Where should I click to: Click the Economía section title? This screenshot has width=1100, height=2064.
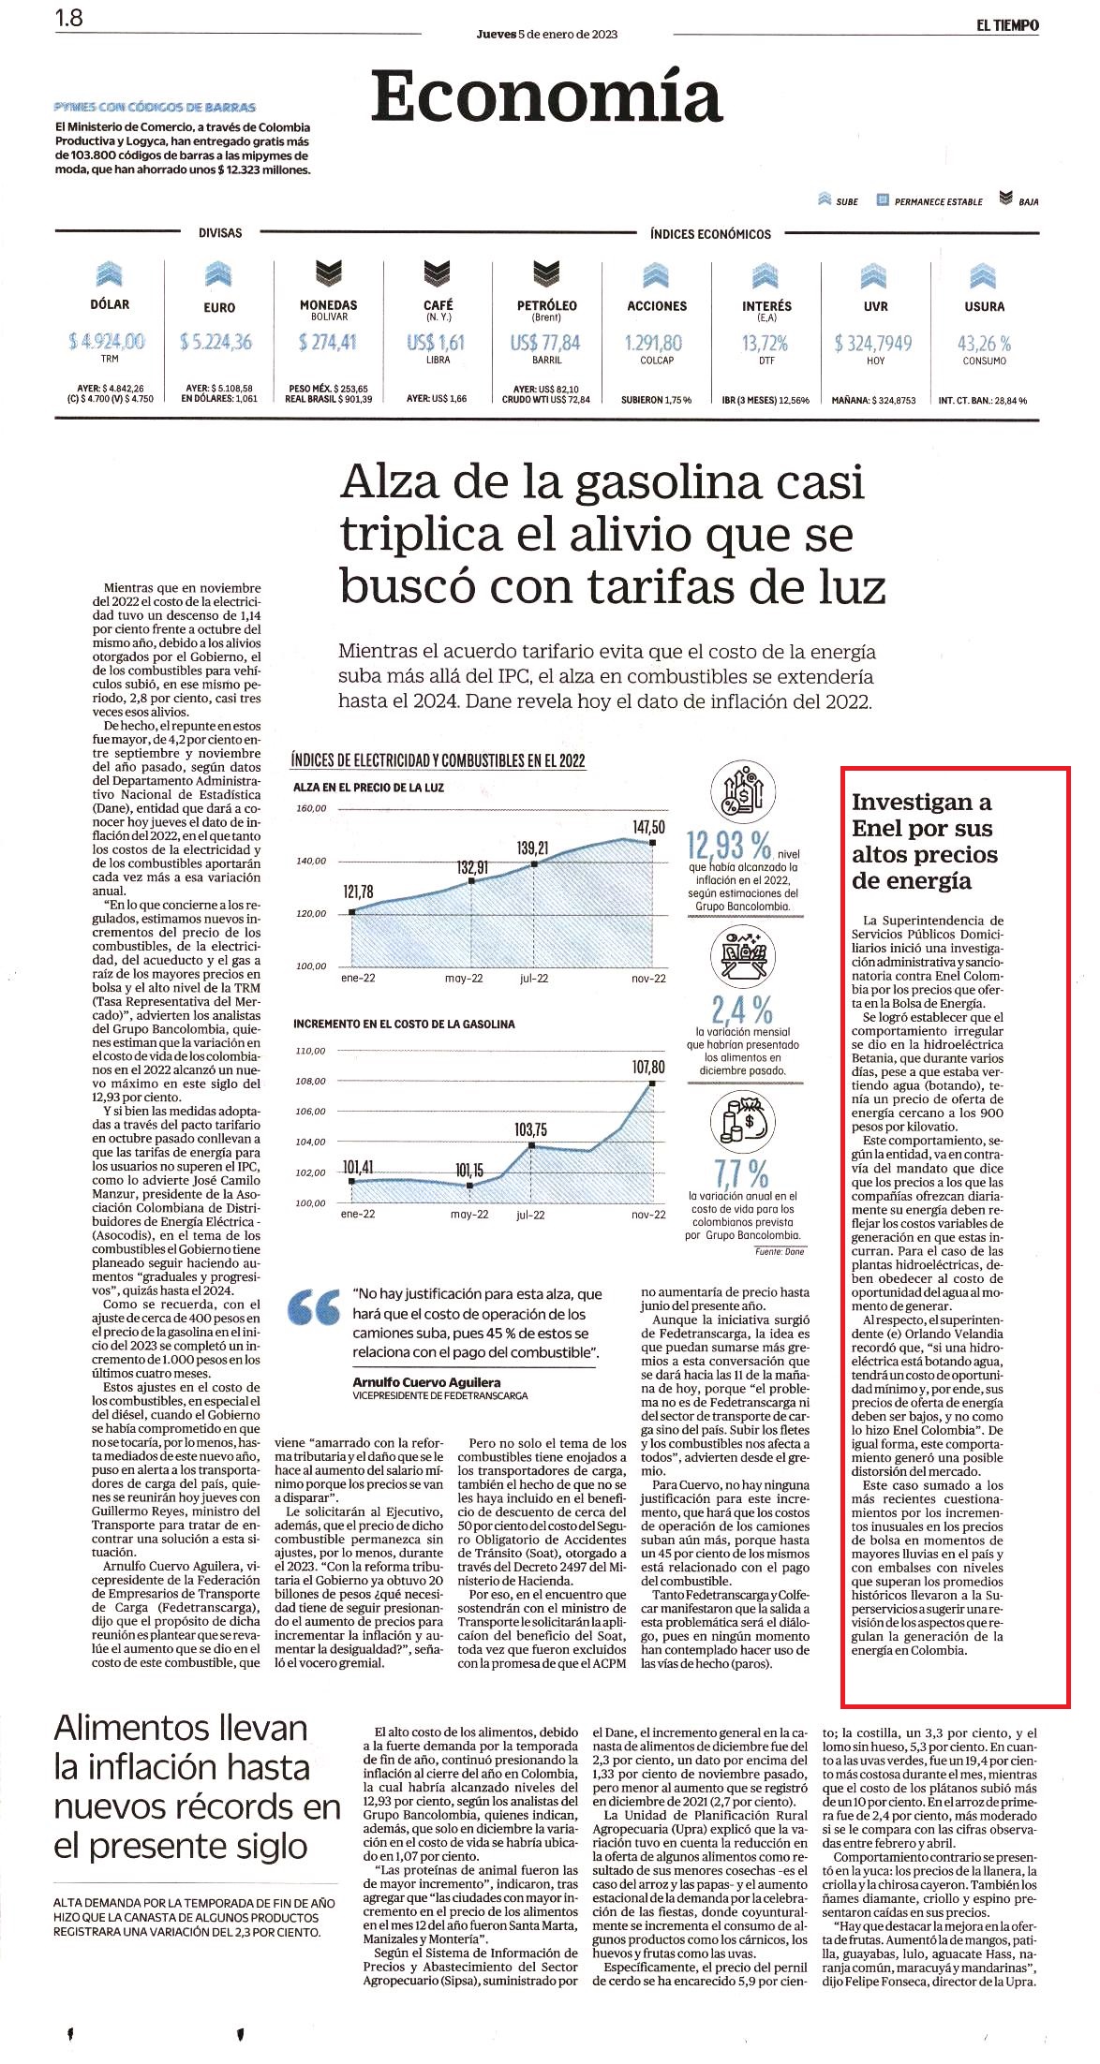pyautogui.click(x=546, y=97)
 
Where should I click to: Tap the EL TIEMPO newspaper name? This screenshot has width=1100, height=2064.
pyautogui.click(x=1007, y=25)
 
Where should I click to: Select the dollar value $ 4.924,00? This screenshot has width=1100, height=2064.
pyautogui.click(x=106, y=341)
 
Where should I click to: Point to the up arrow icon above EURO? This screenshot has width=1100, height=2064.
pyautogui.click(x=218, y=273)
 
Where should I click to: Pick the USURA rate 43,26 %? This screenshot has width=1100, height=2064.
pyautogui.click(x=984, y=344)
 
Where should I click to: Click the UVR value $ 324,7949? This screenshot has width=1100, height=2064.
pyautogui.click(x=875, y=344)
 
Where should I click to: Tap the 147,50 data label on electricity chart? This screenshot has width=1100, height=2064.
pyautogui.click(x=648, y=827)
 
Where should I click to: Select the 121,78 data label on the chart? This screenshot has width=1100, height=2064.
pyautogui.click(x=358, y=892)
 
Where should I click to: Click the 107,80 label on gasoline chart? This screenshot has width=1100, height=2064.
pyautogui.click(x=648, y=1068)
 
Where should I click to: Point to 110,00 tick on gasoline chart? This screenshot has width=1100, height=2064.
pyautogui.click(x=310, y=1051)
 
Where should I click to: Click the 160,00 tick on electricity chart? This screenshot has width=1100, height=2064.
pyautogui.click(x=311, y=808)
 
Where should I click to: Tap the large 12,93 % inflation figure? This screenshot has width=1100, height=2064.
pyautogui.click(x=729, y=846)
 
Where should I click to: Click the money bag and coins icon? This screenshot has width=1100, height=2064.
pyautogui.click(x=741, y=1121)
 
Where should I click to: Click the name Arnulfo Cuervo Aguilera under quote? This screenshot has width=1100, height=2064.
pyautogui.click(x=426, y=1381)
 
